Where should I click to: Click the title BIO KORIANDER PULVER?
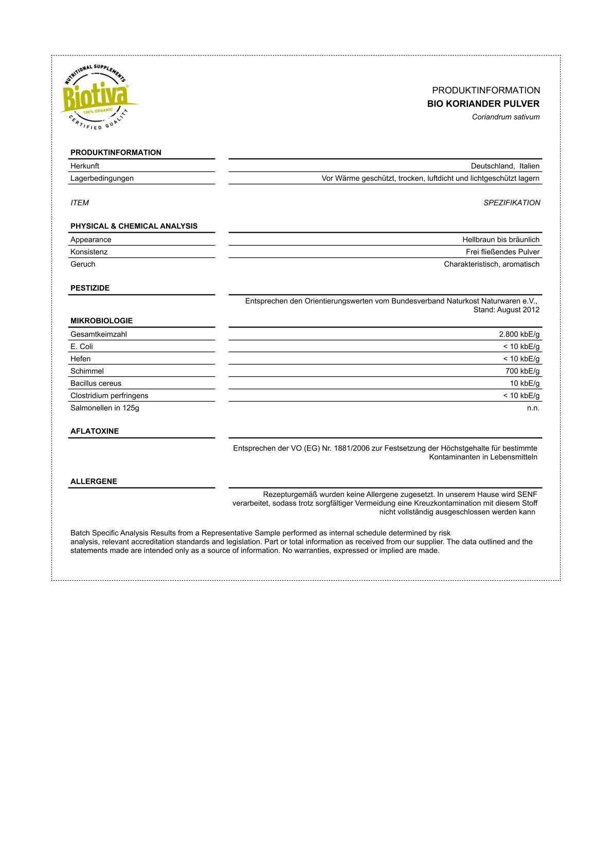483,103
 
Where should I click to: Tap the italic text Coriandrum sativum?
506,117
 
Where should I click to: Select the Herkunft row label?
85,166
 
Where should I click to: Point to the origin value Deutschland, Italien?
505,166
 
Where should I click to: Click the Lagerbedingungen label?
102,178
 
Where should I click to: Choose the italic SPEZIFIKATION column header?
512,203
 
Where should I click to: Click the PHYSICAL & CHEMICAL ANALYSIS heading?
134,226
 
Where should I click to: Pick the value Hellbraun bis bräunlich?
500,239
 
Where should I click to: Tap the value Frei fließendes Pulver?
502,252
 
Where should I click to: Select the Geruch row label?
83,264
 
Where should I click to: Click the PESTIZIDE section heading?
90,288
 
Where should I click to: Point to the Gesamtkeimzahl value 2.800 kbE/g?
519,334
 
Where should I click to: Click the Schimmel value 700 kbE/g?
522,371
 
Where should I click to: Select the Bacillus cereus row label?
96,383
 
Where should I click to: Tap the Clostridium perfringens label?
109,395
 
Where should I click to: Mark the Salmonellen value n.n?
533,408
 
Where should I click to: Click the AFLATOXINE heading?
95,431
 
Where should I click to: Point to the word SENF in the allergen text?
527,494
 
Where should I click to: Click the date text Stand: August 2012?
506,309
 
